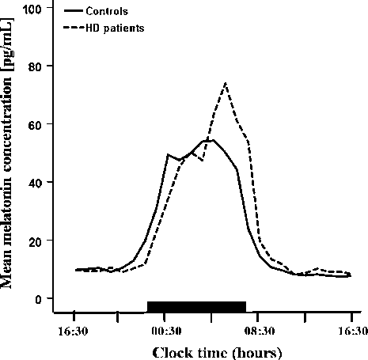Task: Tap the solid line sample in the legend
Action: tap(74, 13)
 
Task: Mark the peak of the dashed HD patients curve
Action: tap(226, 82)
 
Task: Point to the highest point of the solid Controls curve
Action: tap(212, 139)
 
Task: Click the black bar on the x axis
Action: tap(196, 306)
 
